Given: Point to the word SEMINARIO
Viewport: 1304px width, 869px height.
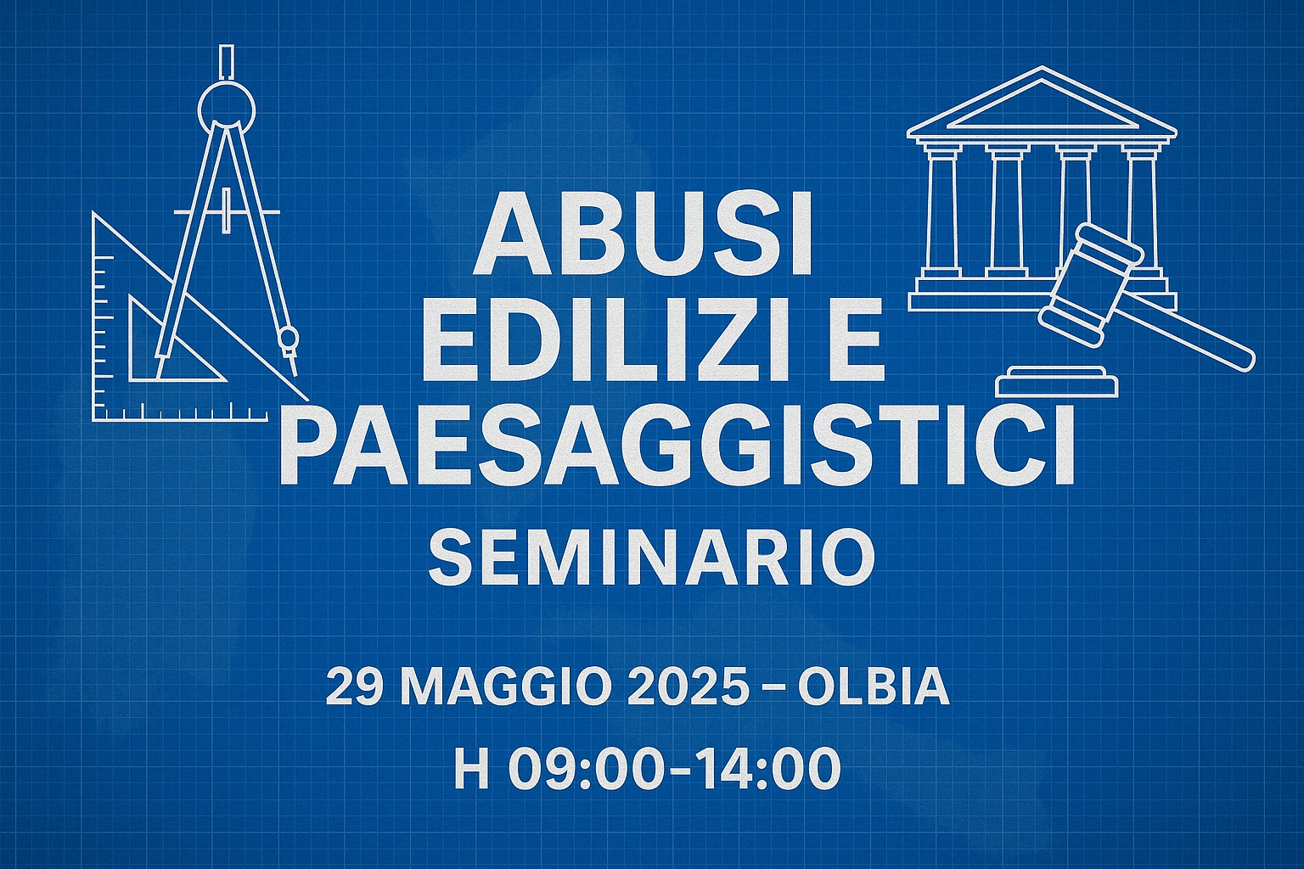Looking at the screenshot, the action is click(x=652, y=558).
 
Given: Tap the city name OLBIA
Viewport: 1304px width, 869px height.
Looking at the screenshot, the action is click(x=874, y=688).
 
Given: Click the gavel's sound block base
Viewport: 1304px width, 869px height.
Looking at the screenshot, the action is click(x=1057, y=382).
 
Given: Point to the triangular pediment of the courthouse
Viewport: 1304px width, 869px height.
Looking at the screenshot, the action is click(x=1042, y=103).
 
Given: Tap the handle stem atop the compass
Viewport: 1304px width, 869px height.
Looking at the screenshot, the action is click(x=228, y=61).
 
